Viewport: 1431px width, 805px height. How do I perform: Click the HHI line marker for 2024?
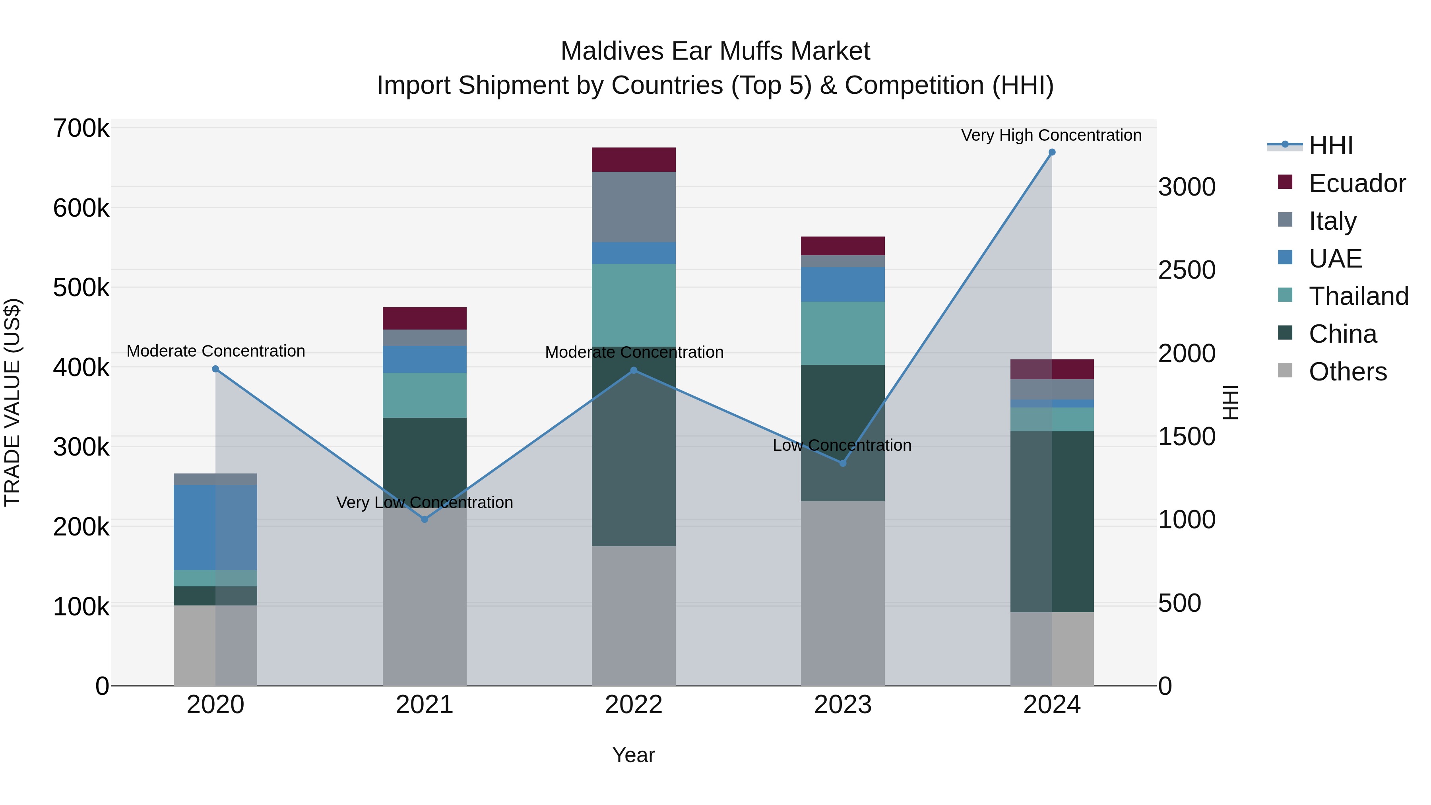[1051, 152]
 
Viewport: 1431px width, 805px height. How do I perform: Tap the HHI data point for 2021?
[425, 519]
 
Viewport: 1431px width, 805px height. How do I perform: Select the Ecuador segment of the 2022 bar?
[633, 159]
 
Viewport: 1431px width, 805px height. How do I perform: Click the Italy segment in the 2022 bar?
[633, 207]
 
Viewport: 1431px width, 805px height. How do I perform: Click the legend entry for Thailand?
[1358, 296]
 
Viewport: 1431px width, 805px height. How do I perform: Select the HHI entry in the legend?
[1330, 145]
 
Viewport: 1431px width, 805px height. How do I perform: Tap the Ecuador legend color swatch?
[1285, 182]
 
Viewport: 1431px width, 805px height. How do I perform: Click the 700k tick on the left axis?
[81, 128]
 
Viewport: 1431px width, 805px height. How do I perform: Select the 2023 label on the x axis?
[842, 705]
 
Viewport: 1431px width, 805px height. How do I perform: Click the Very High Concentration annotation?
[1051, 135]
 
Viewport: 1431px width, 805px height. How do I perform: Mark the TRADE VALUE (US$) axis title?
[12, 402]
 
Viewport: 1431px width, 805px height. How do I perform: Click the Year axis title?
[633, 755]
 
